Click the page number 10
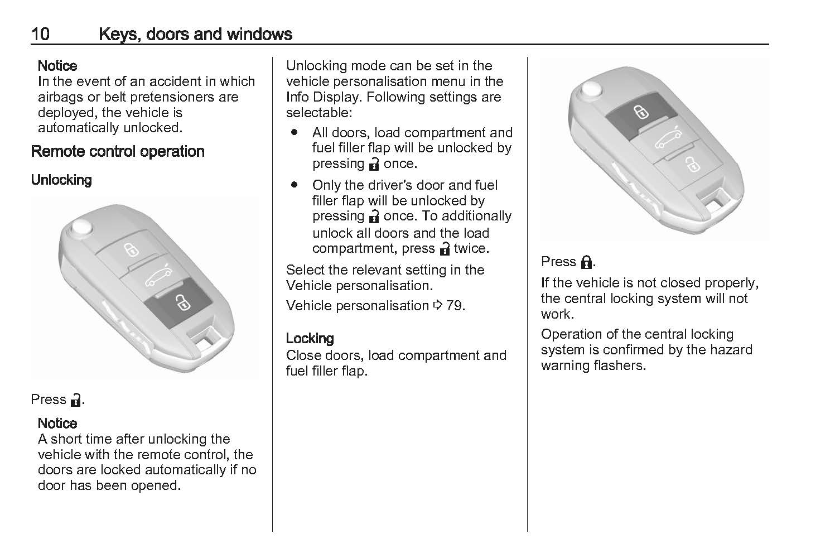(x=40, y=34)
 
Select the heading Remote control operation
(x=118, y=151)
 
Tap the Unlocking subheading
(x=61, y=180)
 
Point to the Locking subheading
(x=310, y=338)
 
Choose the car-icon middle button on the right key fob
(x=667, y=139)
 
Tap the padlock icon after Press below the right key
(x=586, y=262)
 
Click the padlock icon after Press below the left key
(x=75, y=400)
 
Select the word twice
(x=471, y=248)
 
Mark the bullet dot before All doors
(x=294, y=133)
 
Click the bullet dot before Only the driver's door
(x=294, y=185)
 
